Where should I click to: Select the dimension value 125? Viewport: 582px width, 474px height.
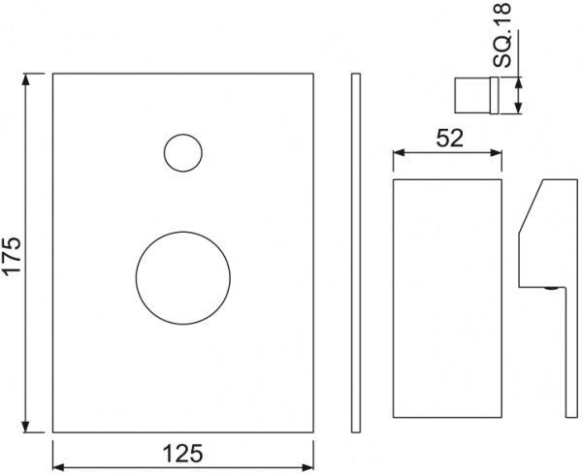182,453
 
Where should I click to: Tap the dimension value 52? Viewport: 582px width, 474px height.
447,138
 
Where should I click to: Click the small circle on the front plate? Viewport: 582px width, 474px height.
182,152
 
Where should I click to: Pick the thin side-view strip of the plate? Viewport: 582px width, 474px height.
356,252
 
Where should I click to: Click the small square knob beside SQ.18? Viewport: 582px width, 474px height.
476,96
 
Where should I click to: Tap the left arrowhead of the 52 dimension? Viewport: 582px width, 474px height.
396,152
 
